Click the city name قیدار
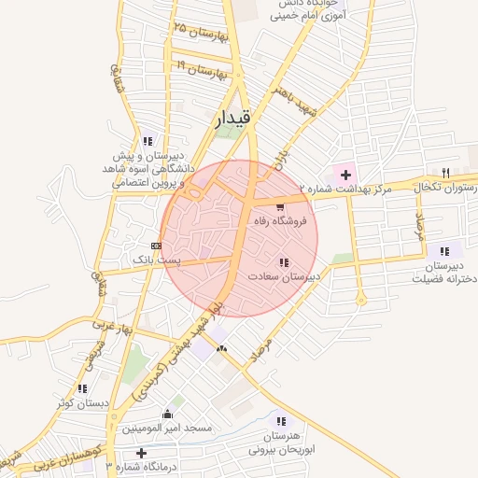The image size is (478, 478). tap(232, 119)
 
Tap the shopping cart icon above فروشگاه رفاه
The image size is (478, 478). tap(281, 206)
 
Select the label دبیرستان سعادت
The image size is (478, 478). tap(285, 277)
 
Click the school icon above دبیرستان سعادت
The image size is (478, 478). tap(283, 262)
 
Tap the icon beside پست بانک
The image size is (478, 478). tap(155, 245)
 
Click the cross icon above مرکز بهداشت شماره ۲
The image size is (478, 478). tap(346, 175)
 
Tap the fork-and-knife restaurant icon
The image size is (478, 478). tap(445, 174)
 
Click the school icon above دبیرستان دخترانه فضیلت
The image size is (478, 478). tap(444, 250)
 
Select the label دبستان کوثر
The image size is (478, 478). tap(83, 402)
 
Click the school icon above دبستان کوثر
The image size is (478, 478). tap(83, 387)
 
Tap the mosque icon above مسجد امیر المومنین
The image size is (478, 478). tap(168, 414)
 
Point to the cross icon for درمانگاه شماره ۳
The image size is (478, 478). tap(142, 453)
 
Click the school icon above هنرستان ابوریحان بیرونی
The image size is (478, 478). tap(282, 421)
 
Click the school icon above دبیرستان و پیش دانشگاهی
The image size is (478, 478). tap(147, 141)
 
